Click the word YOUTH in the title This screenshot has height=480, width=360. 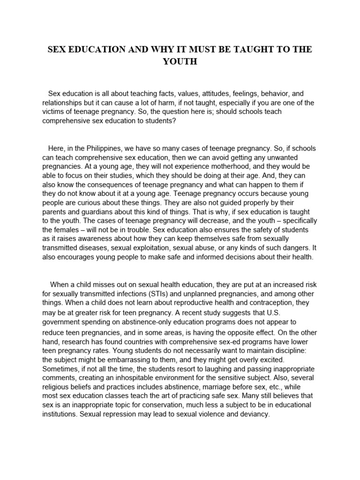[x=180, y=61]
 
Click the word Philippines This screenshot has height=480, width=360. [x=105, y=149]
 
